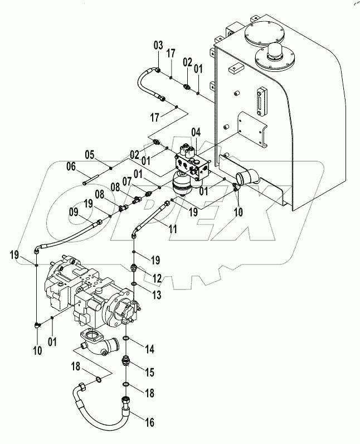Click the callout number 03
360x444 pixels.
(x=159, y=45)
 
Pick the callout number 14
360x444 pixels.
(x=150, y=349)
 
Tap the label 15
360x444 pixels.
(x=150, y=371)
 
